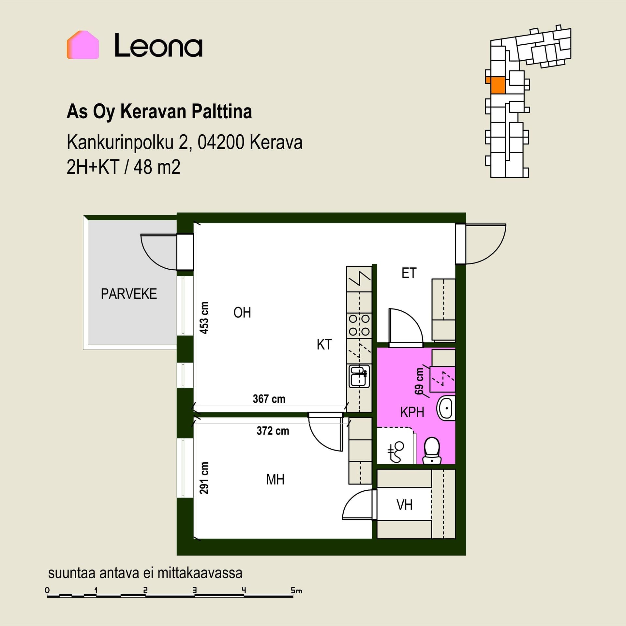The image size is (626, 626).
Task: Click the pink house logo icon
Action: (x=83, y=45)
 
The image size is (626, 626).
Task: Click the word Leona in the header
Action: (x=158, y=46)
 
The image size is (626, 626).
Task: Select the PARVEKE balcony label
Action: (x=129, y=294)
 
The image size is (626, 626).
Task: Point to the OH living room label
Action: (x=242, y=313)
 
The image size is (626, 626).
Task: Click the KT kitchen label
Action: (x=324, y=345)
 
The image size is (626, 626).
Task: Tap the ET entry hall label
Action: (x=409, y=273)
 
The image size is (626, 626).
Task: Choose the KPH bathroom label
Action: (x=412, y=412)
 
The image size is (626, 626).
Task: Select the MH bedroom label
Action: (x=275, y=480)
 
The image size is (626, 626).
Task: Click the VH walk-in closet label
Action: (x=405, y=505)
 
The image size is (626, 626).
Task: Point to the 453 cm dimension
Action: (x=204, y=318)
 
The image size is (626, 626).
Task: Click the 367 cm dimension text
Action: (x=269, y=399)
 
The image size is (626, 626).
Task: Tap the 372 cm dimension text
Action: (x=273, y=431)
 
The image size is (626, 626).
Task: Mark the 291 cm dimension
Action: (x=204, y=478)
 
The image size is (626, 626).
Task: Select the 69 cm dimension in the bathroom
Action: (x=419, y=381)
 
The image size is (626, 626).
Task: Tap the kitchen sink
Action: (x=359, y=376)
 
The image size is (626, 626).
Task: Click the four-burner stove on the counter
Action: (x=359, y=325)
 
